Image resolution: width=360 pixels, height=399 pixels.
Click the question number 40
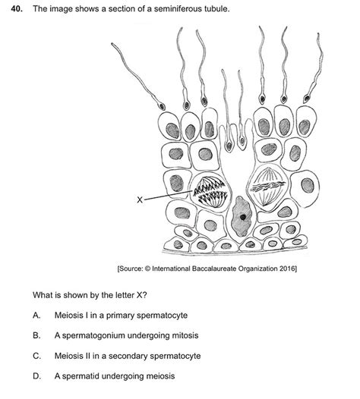(x=16, y=9)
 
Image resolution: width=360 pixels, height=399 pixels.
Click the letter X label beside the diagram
(x=140, y=199)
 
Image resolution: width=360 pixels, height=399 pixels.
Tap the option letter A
(x=36, y=316)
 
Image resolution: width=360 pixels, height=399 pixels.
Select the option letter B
(x=36, y=335)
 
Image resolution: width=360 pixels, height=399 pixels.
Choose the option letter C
(x=36, y=356)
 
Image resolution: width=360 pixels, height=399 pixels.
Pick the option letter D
(x=36, y=375)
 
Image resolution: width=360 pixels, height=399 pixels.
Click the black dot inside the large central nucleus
(x=243, y=217)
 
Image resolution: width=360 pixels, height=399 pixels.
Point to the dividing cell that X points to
(x=210, y=193)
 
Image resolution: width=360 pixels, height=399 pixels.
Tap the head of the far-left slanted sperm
(x=161, y=105)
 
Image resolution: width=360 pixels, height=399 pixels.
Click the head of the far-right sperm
(x=307, y=99)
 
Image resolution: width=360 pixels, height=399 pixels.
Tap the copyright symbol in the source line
(x=147, y=269)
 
